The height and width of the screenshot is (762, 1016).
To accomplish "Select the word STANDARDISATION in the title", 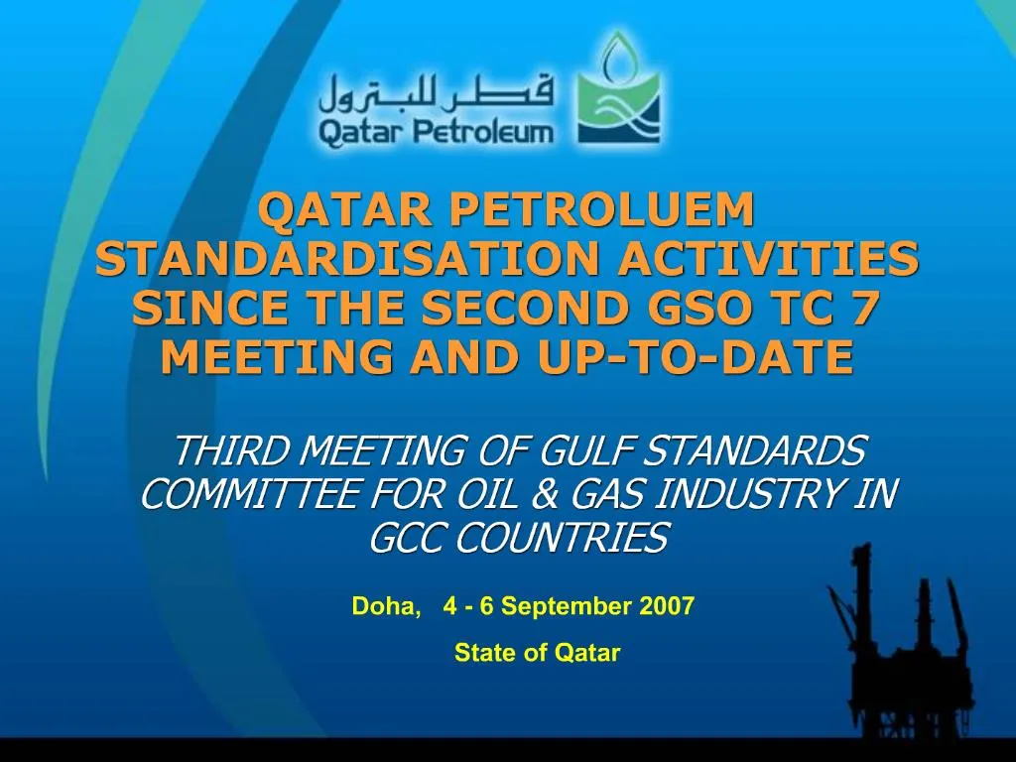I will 346,259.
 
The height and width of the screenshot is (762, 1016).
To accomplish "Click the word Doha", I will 385,606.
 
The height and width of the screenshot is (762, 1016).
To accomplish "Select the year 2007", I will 667,606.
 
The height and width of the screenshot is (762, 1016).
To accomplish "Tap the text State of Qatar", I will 537,653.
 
